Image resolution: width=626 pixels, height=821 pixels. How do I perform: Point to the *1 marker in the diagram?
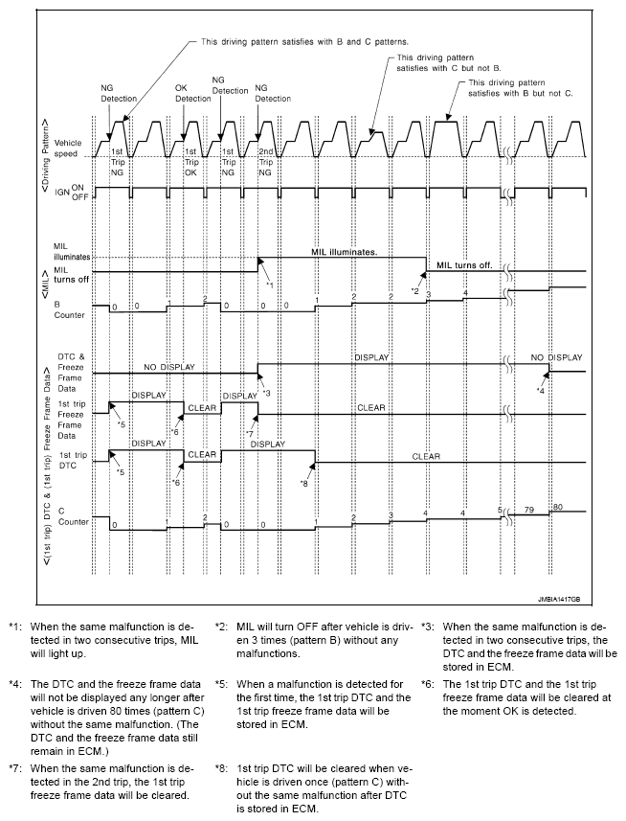[271, 285]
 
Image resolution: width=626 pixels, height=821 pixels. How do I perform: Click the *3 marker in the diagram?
[266, 393]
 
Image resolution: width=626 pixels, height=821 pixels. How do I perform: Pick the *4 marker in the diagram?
[541, 390]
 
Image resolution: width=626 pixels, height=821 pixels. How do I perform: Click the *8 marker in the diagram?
[303, 483]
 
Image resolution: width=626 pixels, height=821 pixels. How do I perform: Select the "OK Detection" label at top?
[192, 93]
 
